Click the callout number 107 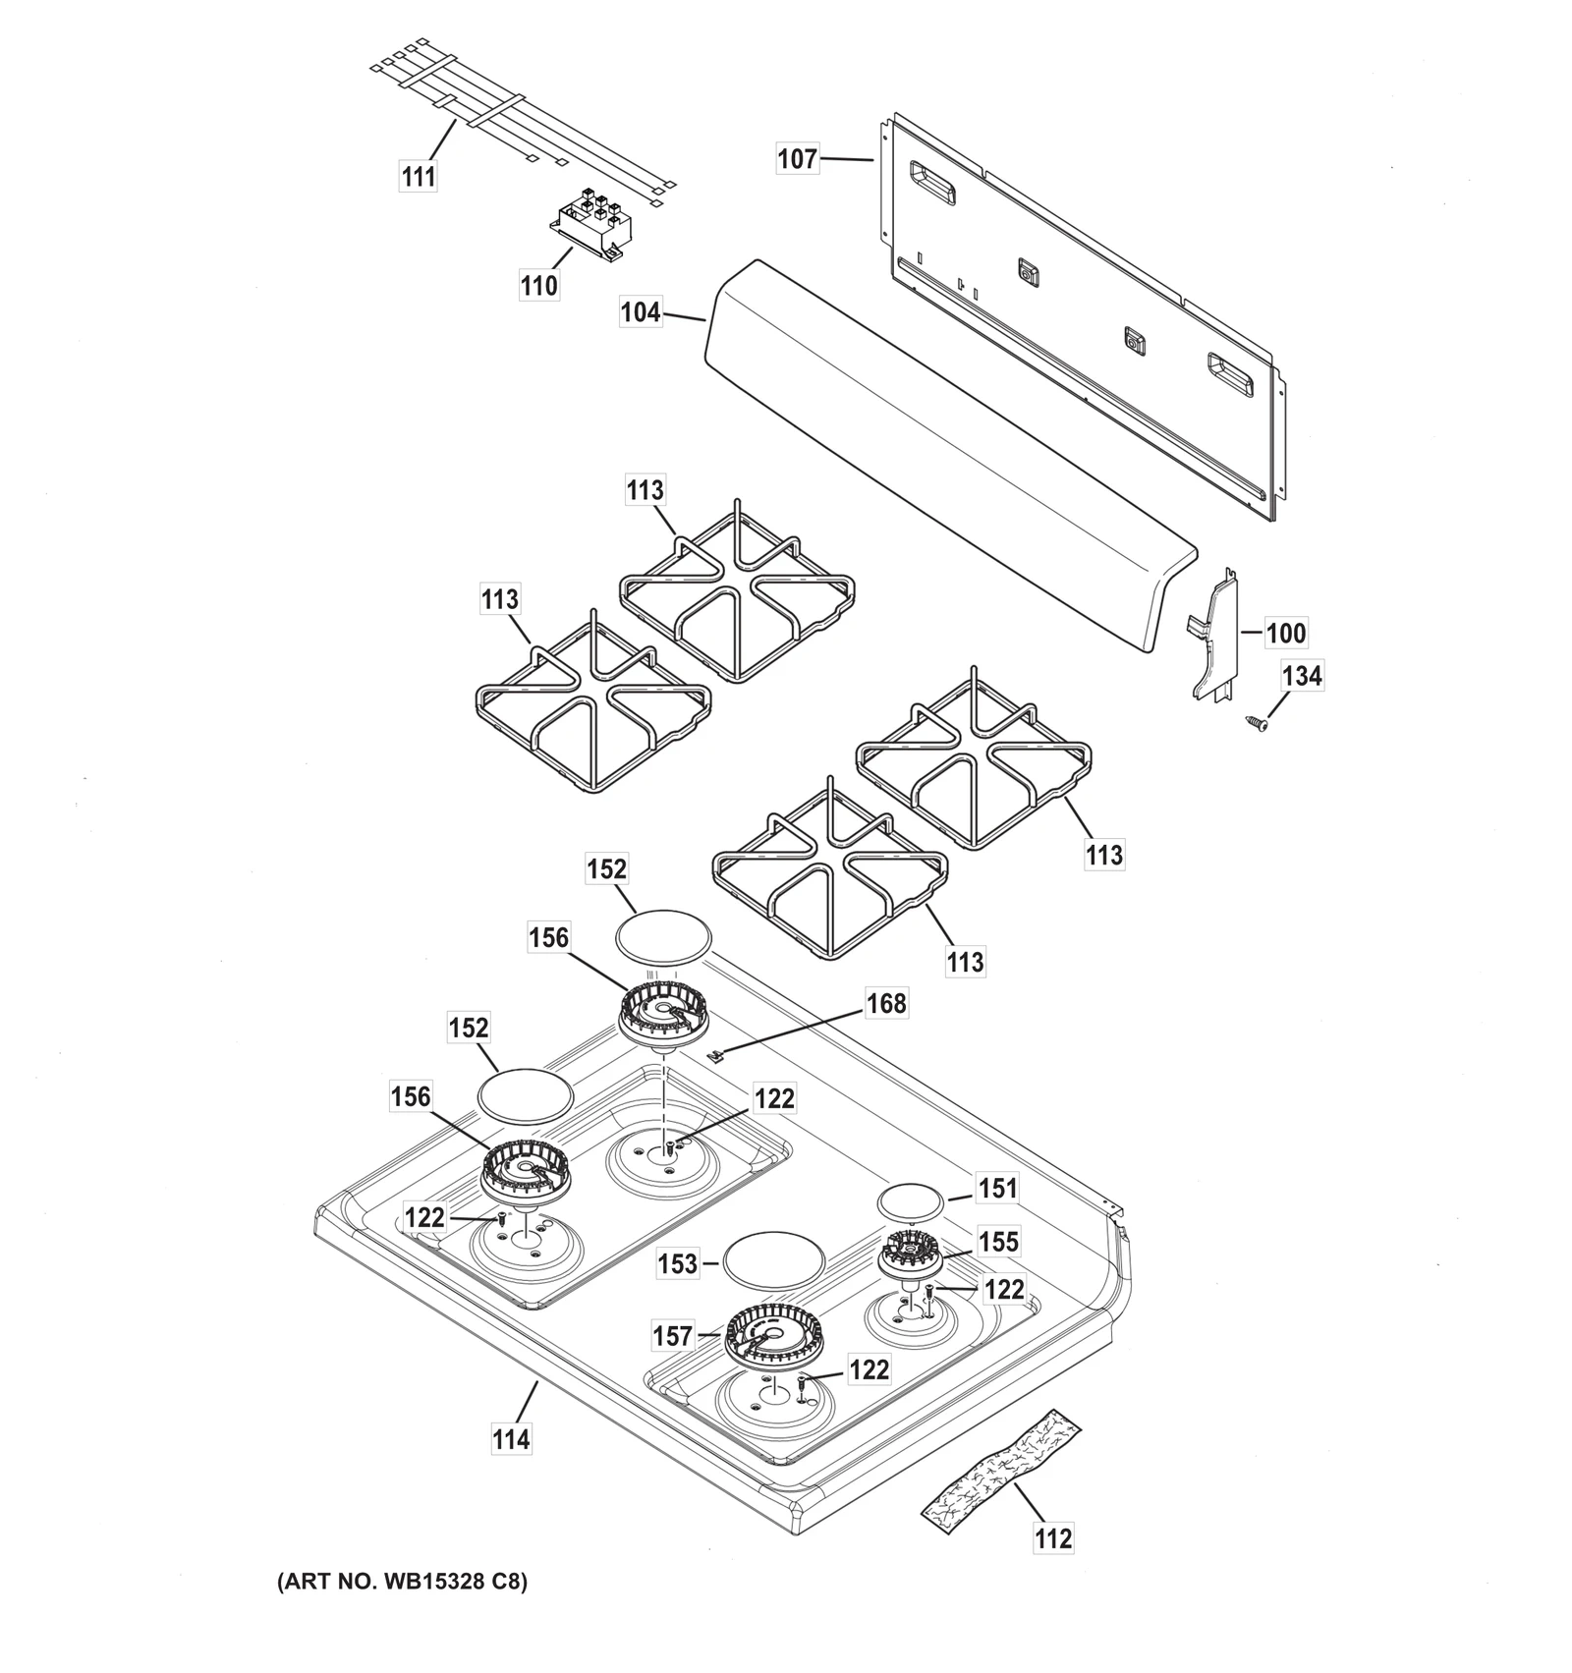pyautogui.click(x=797, y=158)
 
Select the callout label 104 pyautogui.click(x=641, y=312)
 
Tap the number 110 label pyautogui.click(x=538, y=286)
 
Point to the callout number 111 pyautogui.click(x=419, y=177)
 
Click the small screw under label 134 pyautogui.click(x=1257, y=723)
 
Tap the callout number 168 pyautogui.click(x=886, y=1004)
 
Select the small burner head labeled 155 pyautogui.click(x=910, y=1255)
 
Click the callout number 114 pyautogui.click(x=511, y=1439)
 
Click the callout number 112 pyautogui.click(x=1053, y=1537)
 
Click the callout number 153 pyautogui.click(x=678, y=1263)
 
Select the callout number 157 pyautogui.click(x=673, y=1336)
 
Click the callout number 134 pyautogui.click(x=1302, y=676)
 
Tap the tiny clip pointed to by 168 pyautogui.click(x=716, y=1055)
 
